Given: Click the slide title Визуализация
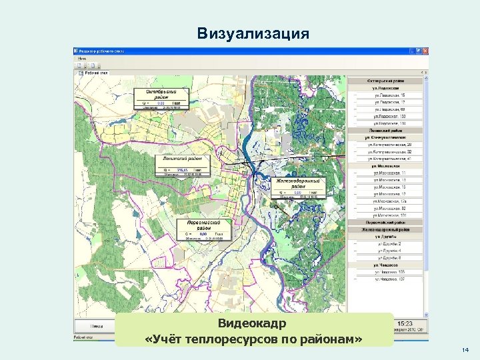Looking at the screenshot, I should coord(253,33).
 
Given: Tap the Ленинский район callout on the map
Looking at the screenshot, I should coord(182,159).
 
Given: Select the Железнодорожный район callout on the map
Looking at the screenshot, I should coord(298,183).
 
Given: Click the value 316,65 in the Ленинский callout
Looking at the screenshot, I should coord(181,171).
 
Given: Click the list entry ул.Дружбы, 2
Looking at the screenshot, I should coord(390,245).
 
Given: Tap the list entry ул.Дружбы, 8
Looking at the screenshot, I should coord(390,257).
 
